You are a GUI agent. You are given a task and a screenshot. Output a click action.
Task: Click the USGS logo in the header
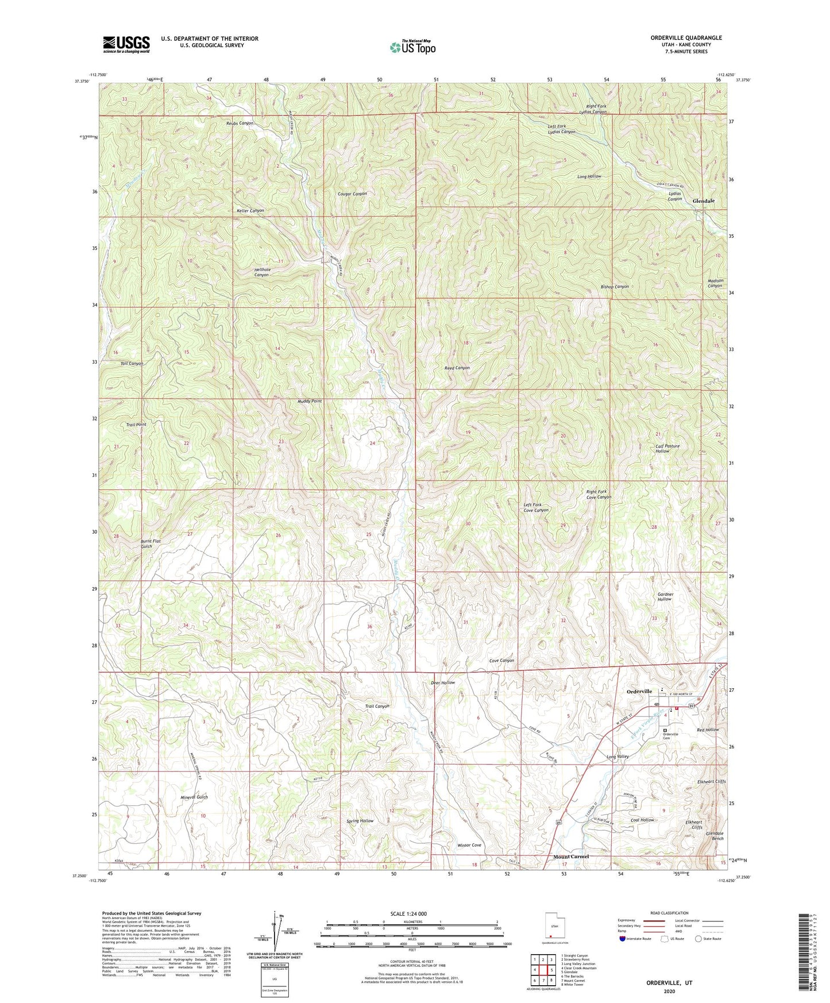[126, 44]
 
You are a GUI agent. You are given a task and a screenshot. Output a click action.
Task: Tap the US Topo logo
[412, 47]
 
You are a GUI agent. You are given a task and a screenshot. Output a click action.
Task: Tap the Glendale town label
[704, 201]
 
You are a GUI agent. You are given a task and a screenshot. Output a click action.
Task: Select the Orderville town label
[639, 691]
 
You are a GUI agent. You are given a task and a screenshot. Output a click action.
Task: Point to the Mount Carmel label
[571, 857]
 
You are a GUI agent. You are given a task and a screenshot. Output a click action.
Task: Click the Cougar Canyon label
[352, 194]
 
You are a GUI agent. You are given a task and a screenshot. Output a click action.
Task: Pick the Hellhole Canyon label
[261, 272]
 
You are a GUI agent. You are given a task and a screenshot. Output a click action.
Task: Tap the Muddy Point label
[310, 401]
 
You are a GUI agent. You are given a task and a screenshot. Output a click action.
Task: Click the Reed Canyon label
[457, 368]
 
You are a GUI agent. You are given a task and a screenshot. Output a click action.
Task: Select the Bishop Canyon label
[615, 286]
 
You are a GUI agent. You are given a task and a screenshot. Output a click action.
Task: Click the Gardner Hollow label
[664, 596]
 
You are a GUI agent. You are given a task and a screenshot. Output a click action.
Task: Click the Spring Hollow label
[360, 821]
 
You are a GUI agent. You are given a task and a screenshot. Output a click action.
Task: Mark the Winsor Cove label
[469, 845]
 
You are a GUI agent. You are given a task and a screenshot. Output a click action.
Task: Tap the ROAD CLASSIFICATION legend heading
[670, 913]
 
